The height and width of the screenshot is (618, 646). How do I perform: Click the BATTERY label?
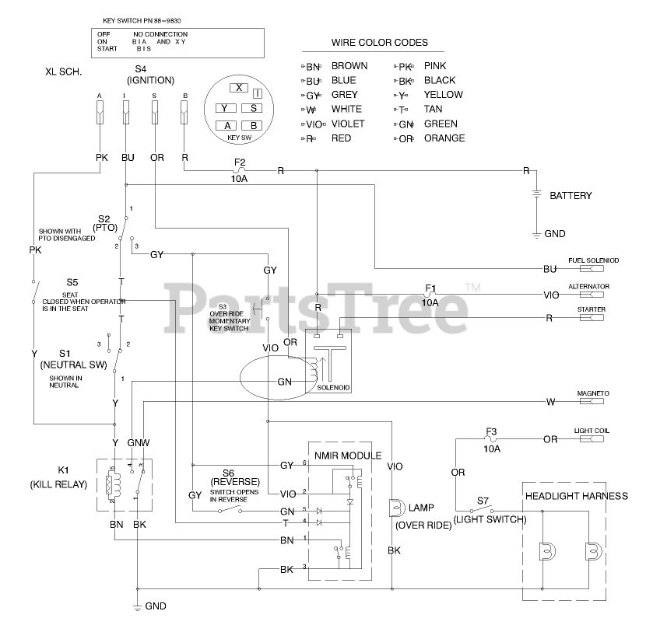coord(571,196)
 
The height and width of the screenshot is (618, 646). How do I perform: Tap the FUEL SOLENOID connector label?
coord(593,260)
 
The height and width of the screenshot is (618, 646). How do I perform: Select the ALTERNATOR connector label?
coord(588,287)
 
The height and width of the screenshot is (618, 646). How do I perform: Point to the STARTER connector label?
coord(592,309)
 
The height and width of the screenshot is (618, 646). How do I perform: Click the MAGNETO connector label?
coord(592,393)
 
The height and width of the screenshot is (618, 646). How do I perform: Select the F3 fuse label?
coord(491,432)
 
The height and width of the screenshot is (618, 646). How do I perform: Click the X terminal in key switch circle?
coord(240,88)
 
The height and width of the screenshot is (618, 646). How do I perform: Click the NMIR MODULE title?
coord(348,455)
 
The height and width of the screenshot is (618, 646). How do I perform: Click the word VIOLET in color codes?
coord(348,124)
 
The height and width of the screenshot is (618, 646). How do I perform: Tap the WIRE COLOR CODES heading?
coord(380,43)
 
